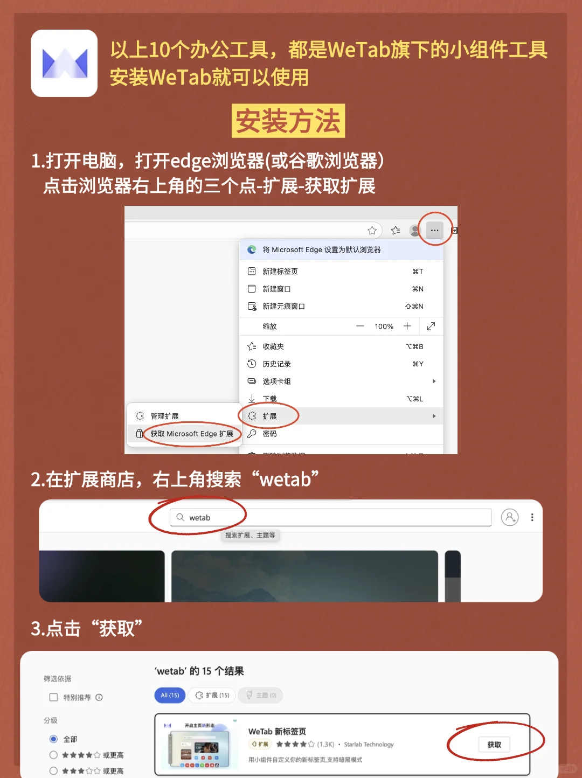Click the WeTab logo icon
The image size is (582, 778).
(64, 64)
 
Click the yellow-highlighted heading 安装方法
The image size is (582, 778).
(288, 121)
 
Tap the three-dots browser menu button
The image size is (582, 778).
(434, 230)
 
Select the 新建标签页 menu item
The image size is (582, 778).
(280, 272)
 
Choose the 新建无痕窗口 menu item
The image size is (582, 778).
(283, 307)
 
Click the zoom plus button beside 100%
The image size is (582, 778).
(407, 326)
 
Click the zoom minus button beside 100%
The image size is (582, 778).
(360, 326)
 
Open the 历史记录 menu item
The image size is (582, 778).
(276, 364)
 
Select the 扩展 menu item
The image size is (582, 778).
(269, 416)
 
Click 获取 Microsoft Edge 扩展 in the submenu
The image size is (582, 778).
(191, 434)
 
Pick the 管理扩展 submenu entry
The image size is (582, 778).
(164, 416)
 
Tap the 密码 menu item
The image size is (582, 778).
(269, 434)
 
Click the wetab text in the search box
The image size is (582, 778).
(200, 518)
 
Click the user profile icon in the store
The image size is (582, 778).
(509, 517)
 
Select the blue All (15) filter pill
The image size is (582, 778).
(170, 696)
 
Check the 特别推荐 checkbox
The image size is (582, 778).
(53, 697)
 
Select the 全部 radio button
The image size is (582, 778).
(53, 739)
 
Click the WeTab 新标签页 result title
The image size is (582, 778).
(277, 732)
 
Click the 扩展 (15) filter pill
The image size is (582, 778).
(212, 696)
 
